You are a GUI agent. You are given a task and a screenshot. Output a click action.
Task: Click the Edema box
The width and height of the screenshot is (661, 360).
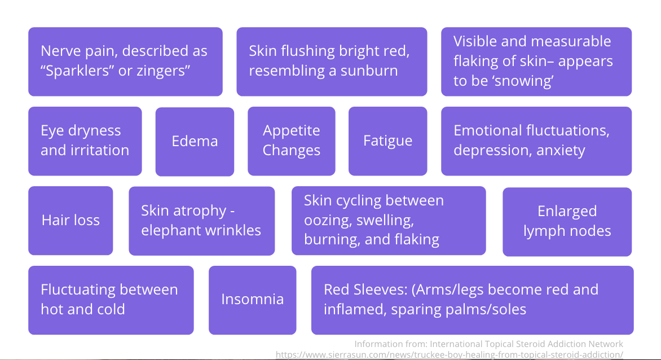[195, 141]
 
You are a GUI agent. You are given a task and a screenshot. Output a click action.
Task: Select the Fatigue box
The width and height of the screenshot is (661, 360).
[387, 141]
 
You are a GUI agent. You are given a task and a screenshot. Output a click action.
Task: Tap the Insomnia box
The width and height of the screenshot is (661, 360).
[252, 300]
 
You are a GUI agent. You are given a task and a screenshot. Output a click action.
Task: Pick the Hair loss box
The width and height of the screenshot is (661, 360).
[70, 220]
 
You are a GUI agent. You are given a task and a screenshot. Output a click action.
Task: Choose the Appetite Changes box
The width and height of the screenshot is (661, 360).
[291, 141]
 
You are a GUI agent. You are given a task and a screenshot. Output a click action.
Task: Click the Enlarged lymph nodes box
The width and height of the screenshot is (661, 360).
[567, 221]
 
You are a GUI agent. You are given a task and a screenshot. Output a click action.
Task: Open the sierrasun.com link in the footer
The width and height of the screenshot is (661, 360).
[449, 354]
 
